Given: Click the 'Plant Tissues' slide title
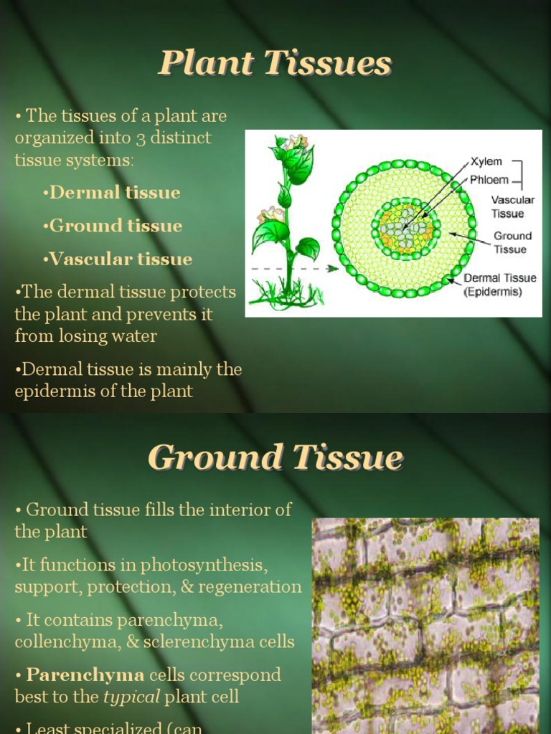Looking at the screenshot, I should [275, 65].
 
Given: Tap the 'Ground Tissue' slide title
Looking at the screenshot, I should [275, 458].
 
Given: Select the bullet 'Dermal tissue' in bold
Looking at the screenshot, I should [112, 193].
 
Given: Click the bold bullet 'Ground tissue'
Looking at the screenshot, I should [113, 227].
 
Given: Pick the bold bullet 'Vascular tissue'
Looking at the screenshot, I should [118, 259].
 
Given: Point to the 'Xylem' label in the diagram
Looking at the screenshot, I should [486, 161].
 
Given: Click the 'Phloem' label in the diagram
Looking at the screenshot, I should [489, 180].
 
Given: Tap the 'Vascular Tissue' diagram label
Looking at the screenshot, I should [512, 206].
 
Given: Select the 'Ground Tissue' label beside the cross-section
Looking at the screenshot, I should [512, 242].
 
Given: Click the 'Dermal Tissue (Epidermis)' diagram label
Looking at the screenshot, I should [499, 285].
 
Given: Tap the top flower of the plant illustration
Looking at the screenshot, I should [294, 141].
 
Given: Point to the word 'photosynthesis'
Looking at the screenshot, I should [204, 566].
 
